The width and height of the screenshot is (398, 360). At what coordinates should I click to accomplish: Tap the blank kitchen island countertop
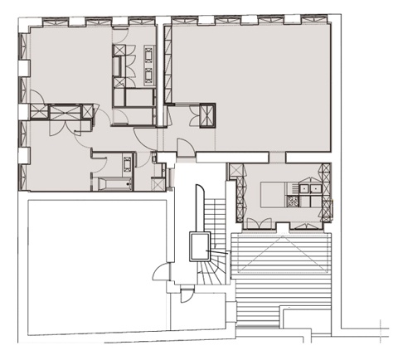coord(272,196)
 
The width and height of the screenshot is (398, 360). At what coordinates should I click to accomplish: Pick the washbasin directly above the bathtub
coord(127,163)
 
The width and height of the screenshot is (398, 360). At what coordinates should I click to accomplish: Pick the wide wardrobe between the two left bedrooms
coord(63,110)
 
